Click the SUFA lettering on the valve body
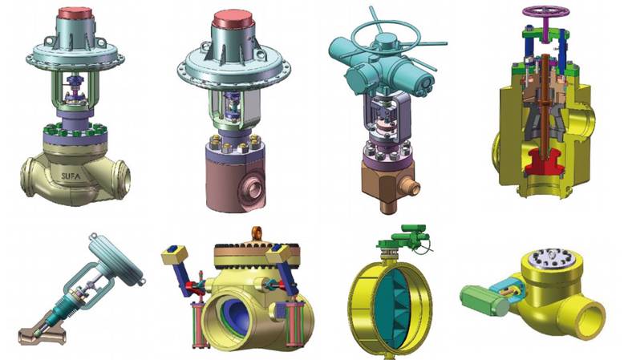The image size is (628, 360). (71, 176)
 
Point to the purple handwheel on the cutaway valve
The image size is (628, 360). (544, 12)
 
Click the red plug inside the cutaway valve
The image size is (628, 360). (545, 160)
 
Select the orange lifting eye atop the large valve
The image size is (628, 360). (257, 233)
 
